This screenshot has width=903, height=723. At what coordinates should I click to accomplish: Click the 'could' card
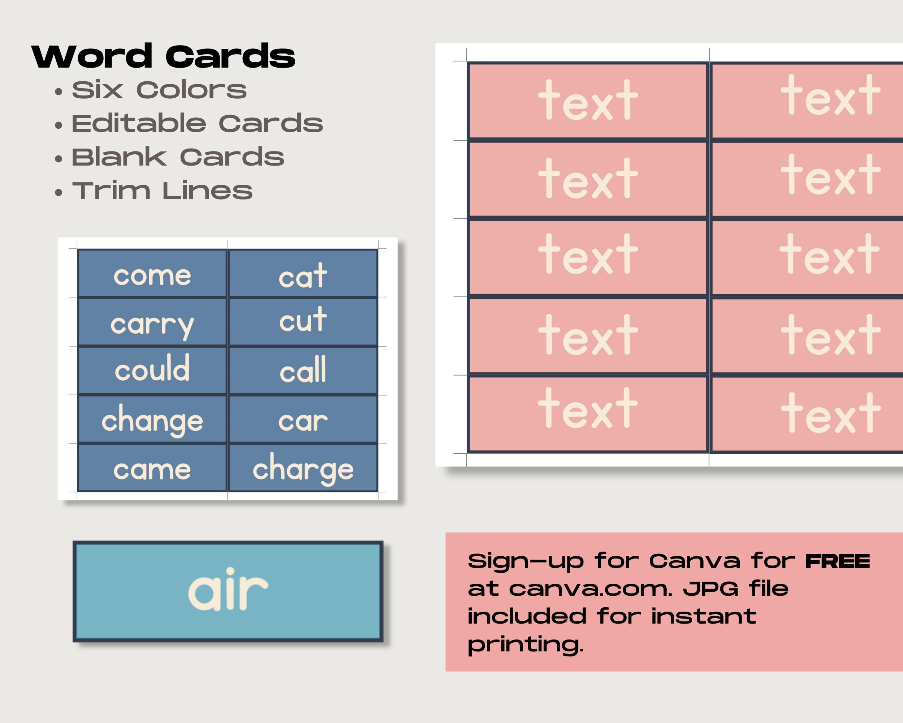pos(152,371)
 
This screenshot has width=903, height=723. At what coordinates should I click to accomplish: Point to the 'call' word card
pos(303,371)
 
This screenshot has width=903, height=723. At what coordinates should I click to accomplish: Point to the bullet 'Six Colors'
pos(159,90)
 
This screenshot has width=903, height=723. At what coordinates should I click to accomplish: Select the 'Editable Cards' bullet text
pos(197,124)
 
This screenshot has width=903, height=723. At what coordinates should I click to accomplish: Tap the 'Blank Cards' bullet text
pos(178,157)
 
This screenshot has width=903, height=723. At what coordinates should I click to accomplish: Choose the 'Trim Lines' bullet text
pos(162,191)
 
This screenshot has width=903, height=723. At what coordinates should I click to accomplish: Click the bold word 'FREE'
pos(838,561)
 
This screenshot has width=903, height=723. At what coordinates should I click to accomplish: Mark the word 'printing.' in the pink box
pos(526,645)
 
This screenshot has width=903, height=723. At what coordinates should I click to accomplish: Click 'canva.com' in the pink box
pos(591,589)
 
